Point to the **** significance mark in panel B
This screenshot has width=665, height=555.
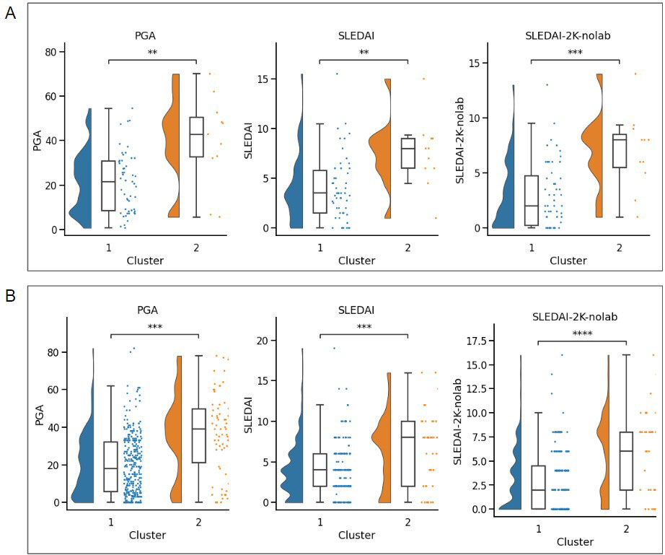[581, 333]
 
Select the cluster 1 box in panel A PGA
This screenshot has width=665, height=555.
[108, 185]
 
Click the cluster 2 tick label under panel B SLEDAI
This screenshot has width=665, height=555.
[408, 521]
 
